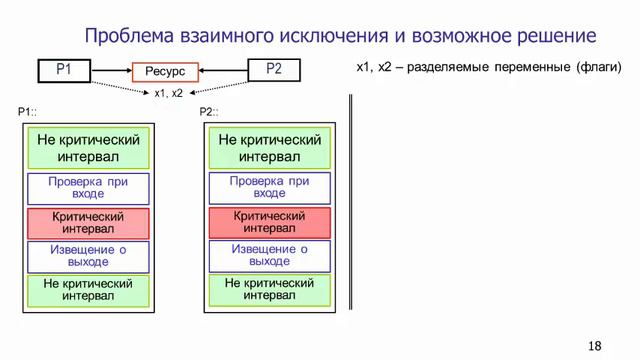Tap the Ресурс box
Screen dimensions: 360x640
pyautogui.click(x=165, y=73)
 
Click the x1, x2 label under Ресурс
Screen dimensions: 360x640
pyautogui.click(x=167, y=93)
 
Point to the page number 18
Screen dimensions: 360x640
pyautogui.click(x=595, y=345)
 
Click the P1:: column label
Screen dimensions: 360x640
pyautogui.click(x=30, y=112)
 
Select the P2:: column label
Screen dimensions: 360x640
pyautogui.click(x=211, y=112)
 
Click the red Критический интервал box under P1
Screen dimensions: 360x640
pyautogui.click(x=88, y=223)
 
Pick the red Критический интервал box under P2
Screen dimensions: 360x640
pyautogui.click(x=269, y=223)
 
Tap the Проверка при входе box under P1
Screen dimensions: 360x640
pyautogui.click(x=88, y=188)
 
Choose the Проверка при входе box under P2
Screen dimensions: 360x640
pyautogui.click(x=269, y=188)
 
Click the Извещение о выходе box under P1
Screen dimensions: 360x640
pyautogui.click(x=88, y=256)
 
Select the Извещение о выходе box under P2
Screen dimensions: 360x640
pyautogui.click(x=269, y=256)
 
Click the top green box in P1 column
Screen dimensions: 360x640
pyautogui.click(x=88, y=148)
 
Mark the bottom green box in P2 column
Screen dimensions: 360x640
pyautogui.click(x=269, y=290)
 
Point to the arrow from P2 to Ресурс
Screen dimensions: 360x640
pyautogui.click(x=223, y=70)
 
